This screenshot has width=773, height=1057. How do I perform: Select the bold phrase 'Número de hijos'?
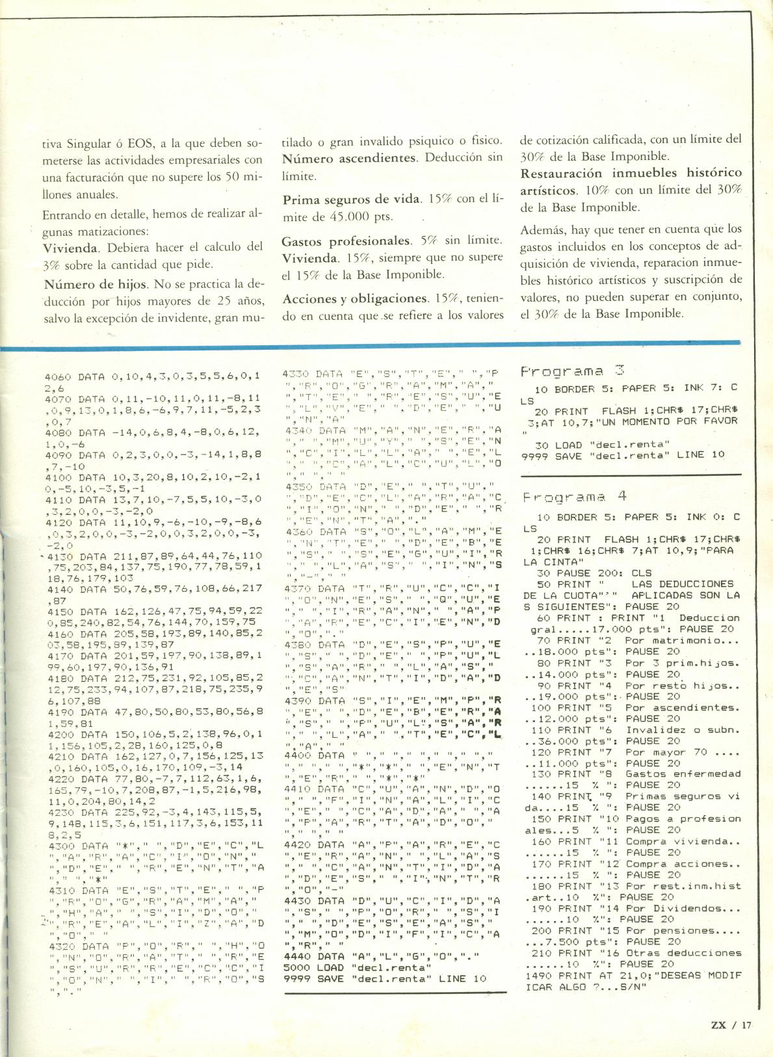coord(86,284)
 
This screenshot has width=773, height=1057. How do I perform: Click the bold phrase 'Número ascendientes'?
coord(348,158)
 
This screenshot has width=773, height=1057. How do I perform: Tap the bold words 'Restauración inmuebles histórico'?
coord(631,174)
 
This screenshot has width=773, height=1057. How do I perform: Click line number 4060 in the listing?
coord(57,376)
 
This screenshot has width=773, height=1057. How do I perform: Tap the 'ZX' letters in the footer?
coord(720,1024)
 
